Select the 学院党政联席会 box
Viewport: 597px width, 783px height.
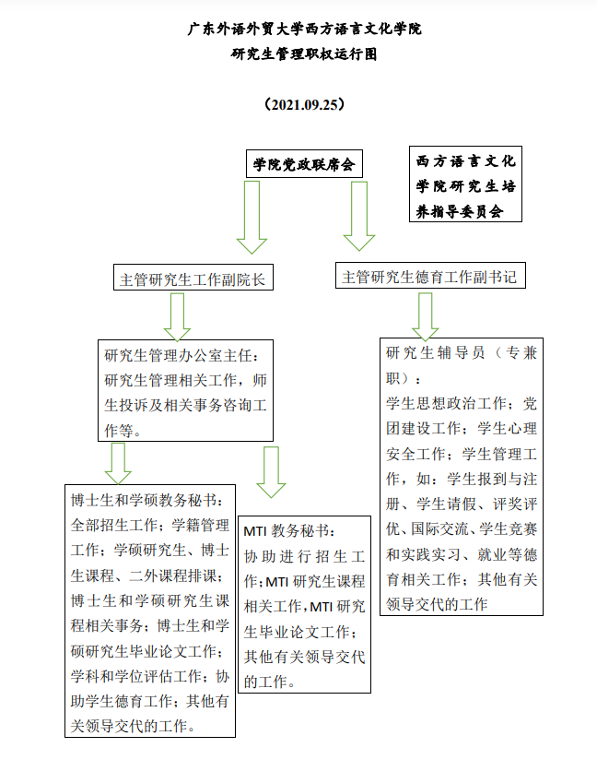tap(303, 164)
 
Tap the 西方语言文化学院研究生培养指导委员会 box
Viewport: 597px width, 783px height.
tap(465, 184)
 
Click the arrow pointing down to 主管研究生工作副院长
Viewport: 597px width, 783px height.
tap(252, 216)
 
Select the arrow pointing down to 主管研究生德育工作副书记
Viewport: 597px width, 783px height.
tap(358, 214)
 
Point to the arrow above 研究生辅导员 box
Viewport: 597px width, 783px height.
tap(425, 316)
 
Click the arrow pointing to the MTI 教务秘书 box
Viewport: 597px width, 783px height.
tap(271, 471)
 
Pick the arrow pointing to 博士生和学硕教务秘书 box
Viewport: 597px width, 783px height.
tap(118, 462)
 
